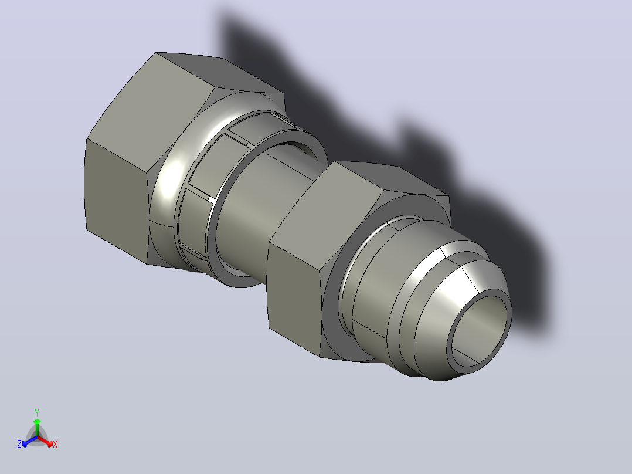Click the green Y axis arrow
[x=37, y=428]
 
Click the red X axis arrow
[x=45, y=441]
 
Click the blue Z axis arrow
[x=29, y=441]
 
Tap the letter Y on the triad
[x=37, y=413]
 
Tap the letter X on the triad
[x=55, y=444]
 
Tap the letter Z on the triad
[x=19, y=444]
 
